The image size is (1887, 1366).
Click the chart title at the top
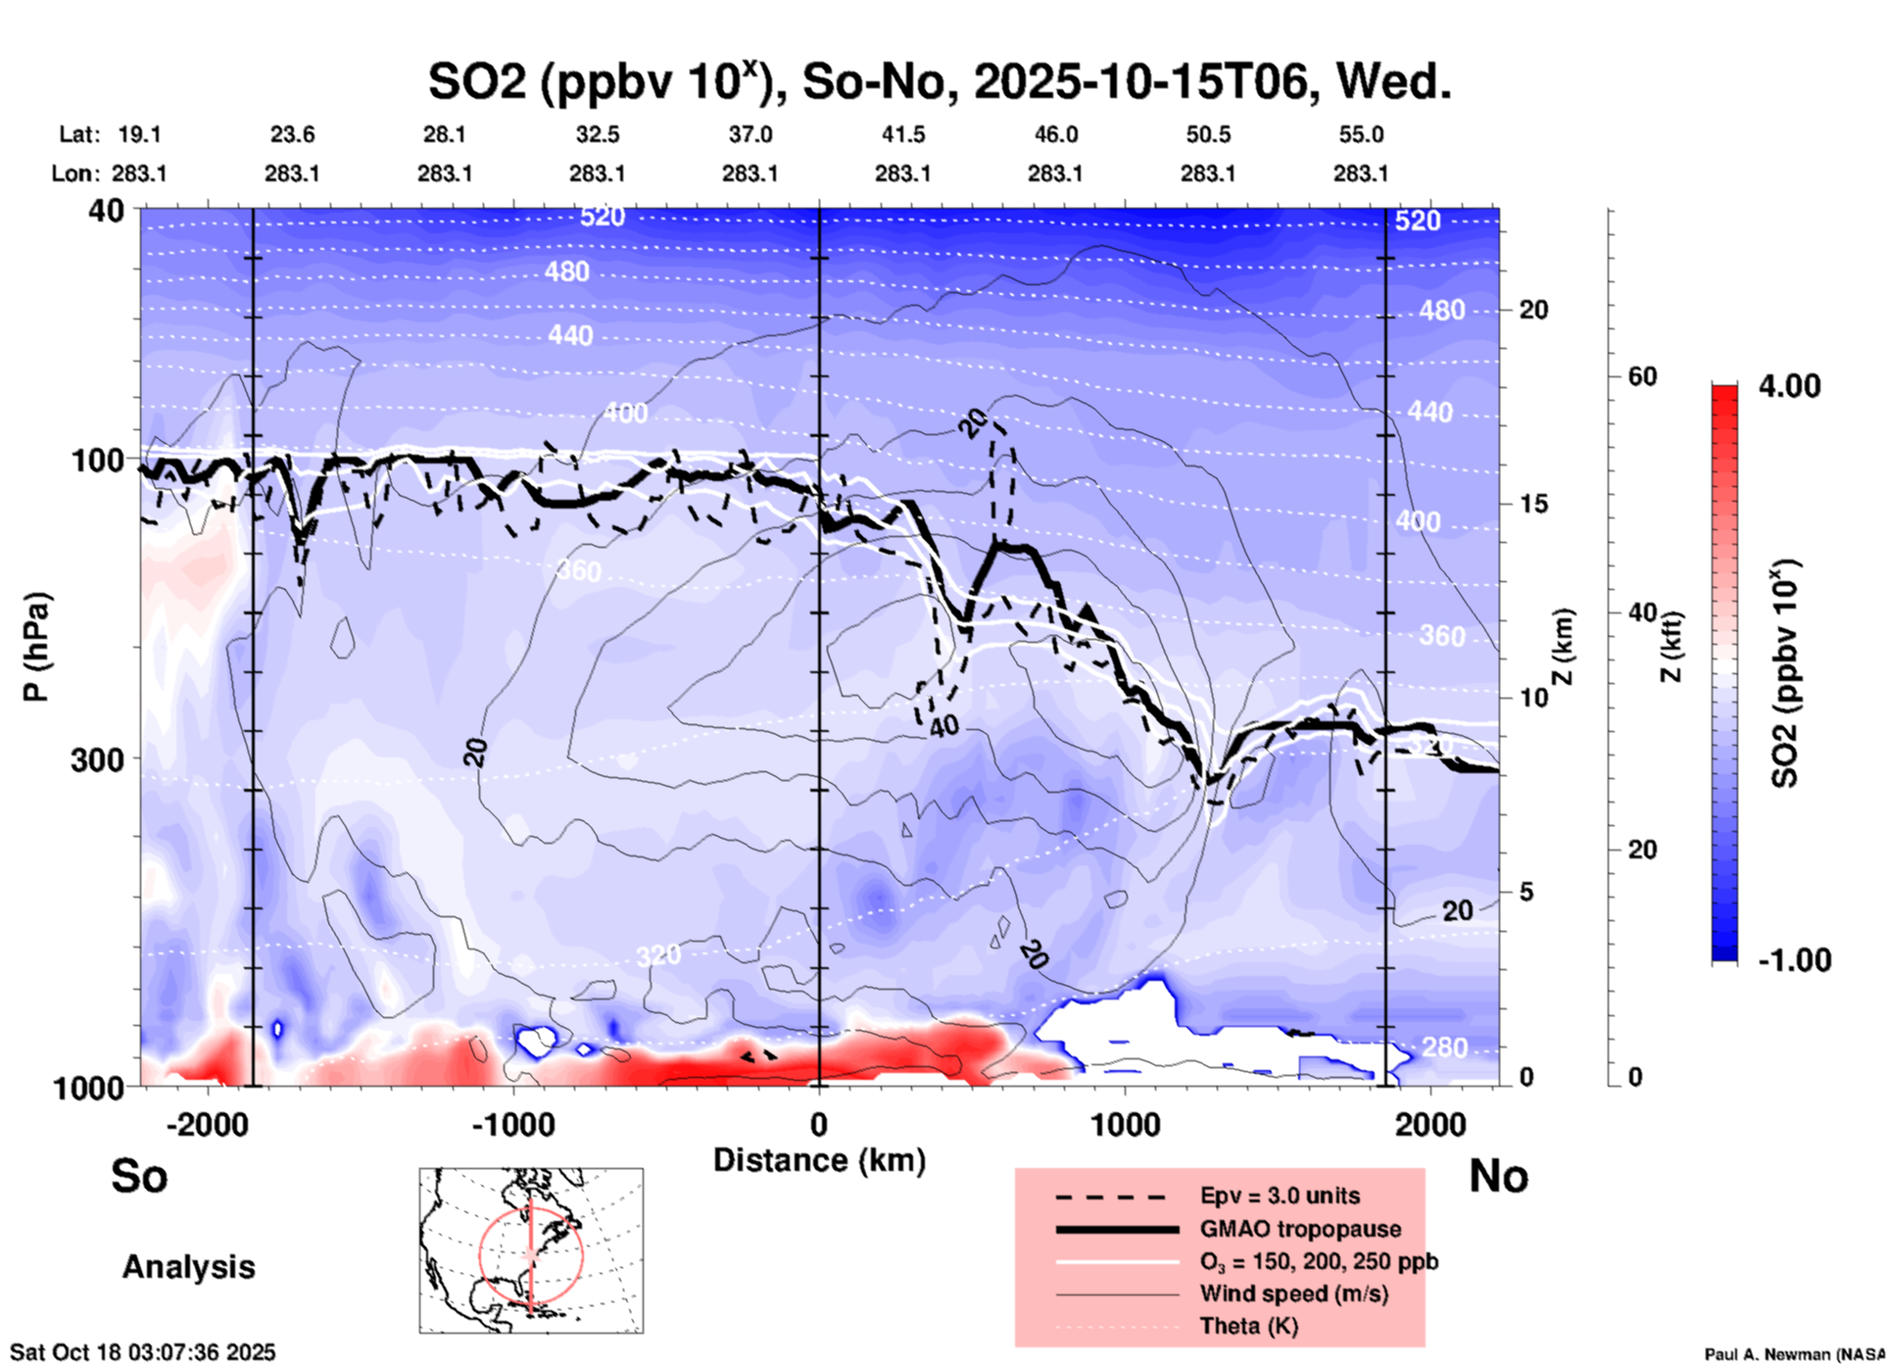click(939, 82)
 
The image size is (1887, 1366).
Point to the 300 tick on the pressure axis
click(97, 759)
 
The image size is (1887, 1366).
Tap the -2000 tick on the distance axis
click(207, 1125)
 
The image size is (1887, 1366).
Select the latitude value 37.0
click(750, 134)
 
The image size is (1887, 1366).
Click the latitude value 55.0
click(1360, 134)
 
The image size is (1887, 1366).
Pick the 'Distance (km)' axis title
click(819, 1160)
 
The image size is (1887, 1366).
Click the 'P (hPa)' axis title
click(35, 647)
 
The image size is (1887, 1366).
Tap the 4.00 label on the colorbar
click(1789, 385)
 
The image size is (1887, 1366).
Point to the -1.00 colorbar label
click(1792, 960)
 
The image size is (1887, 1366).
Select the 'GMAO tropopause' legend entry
click(1300, 1229)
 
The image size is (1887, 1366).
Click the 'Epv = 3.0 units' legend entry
click(1280, 1195)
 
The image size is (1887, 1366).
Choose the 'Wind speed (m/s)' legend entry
click(1293, 1293)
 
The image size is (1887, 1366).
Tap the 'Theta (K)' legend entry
click(1248, 1326)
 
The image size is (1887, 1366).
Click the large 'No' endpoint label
click(1498, 1176)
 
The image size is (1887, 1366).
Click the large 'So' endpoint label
click(139, 1176)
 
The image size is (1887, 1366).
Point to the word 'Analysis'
click(188, 1267)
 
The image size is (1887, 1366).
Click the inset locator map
click(531, 1250)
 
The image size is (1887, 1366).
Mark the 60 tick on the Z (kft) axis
click(1642, 376)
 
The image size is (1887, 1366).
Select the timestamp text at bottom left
click(143, 1352)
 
